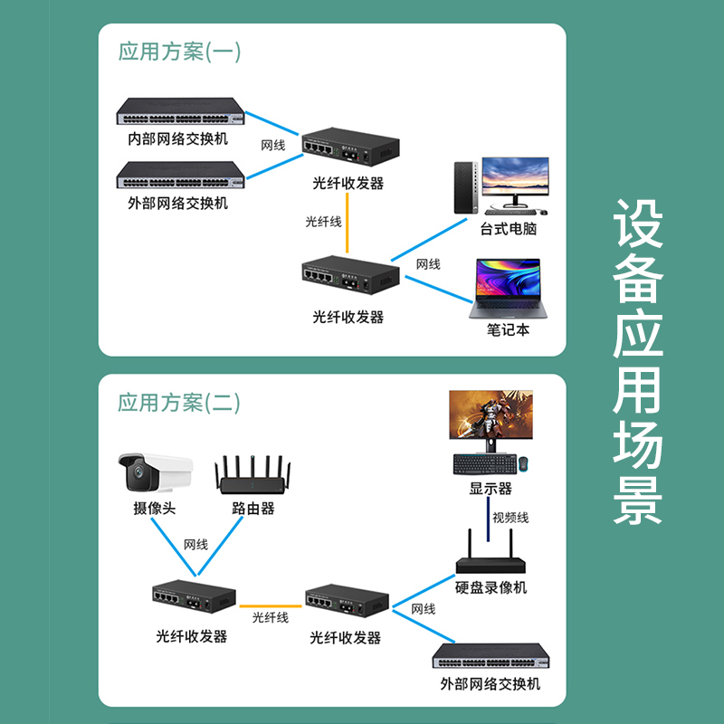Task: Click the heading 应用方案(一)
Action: pyautogui.click(x=179, y=52)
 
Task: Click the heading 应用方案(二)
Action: pyautogui.click(x=179, y=402)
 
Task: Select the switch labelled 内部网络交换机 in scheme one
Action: pyautogui.click(x=182, y=112)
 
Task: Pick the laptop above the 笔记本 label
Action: pyautogui.click(x=504, y=289)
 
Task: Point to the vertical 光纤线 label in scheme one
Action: pyautogui.click(x=324, y=222)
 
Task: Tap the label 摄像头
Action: pyautogui.click(x=154, y=509)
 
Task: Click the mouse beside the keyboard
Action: pyautogui.click(x=524, y=464)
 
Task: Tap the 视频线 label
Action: pyautogui.click(x=510, y=519)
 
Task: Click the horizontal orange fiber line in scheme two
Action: pyautogui.click(x=271, y=605)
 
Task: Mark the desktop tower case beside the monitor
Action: pyautogui.click(x=462, y=186)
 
